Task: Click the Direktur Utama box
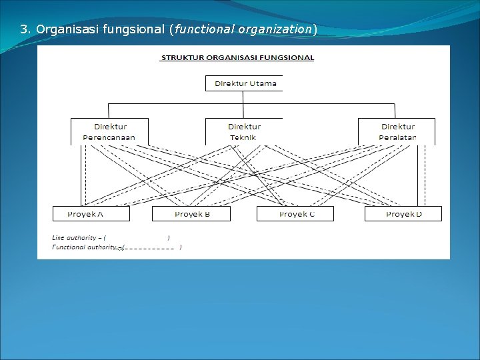(x=245, y=83)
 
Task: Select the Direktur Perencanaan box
(x=109, y=131)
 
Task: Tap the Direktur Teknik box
(x=244, y=131)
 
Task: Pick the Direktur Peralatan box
(x=397, y=131)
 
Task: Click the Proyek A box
(x=91, y=213)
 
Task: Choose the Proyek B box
(x=191, y=213)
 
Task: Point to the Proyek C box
(x=296, y=213)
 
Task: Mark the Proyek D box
(x=403, y=213)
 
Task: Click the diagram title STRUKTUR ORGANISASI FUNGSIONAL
(x=237, y=58)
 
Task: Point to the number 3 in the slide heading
(x=23, y=29)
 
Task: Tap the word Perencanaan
(x=109, y=137)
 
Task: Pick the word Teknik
(x=243, y=137)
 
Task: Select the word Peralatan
(x=397, y=137)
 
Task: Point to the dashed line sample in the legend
(x=150, y=248)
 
